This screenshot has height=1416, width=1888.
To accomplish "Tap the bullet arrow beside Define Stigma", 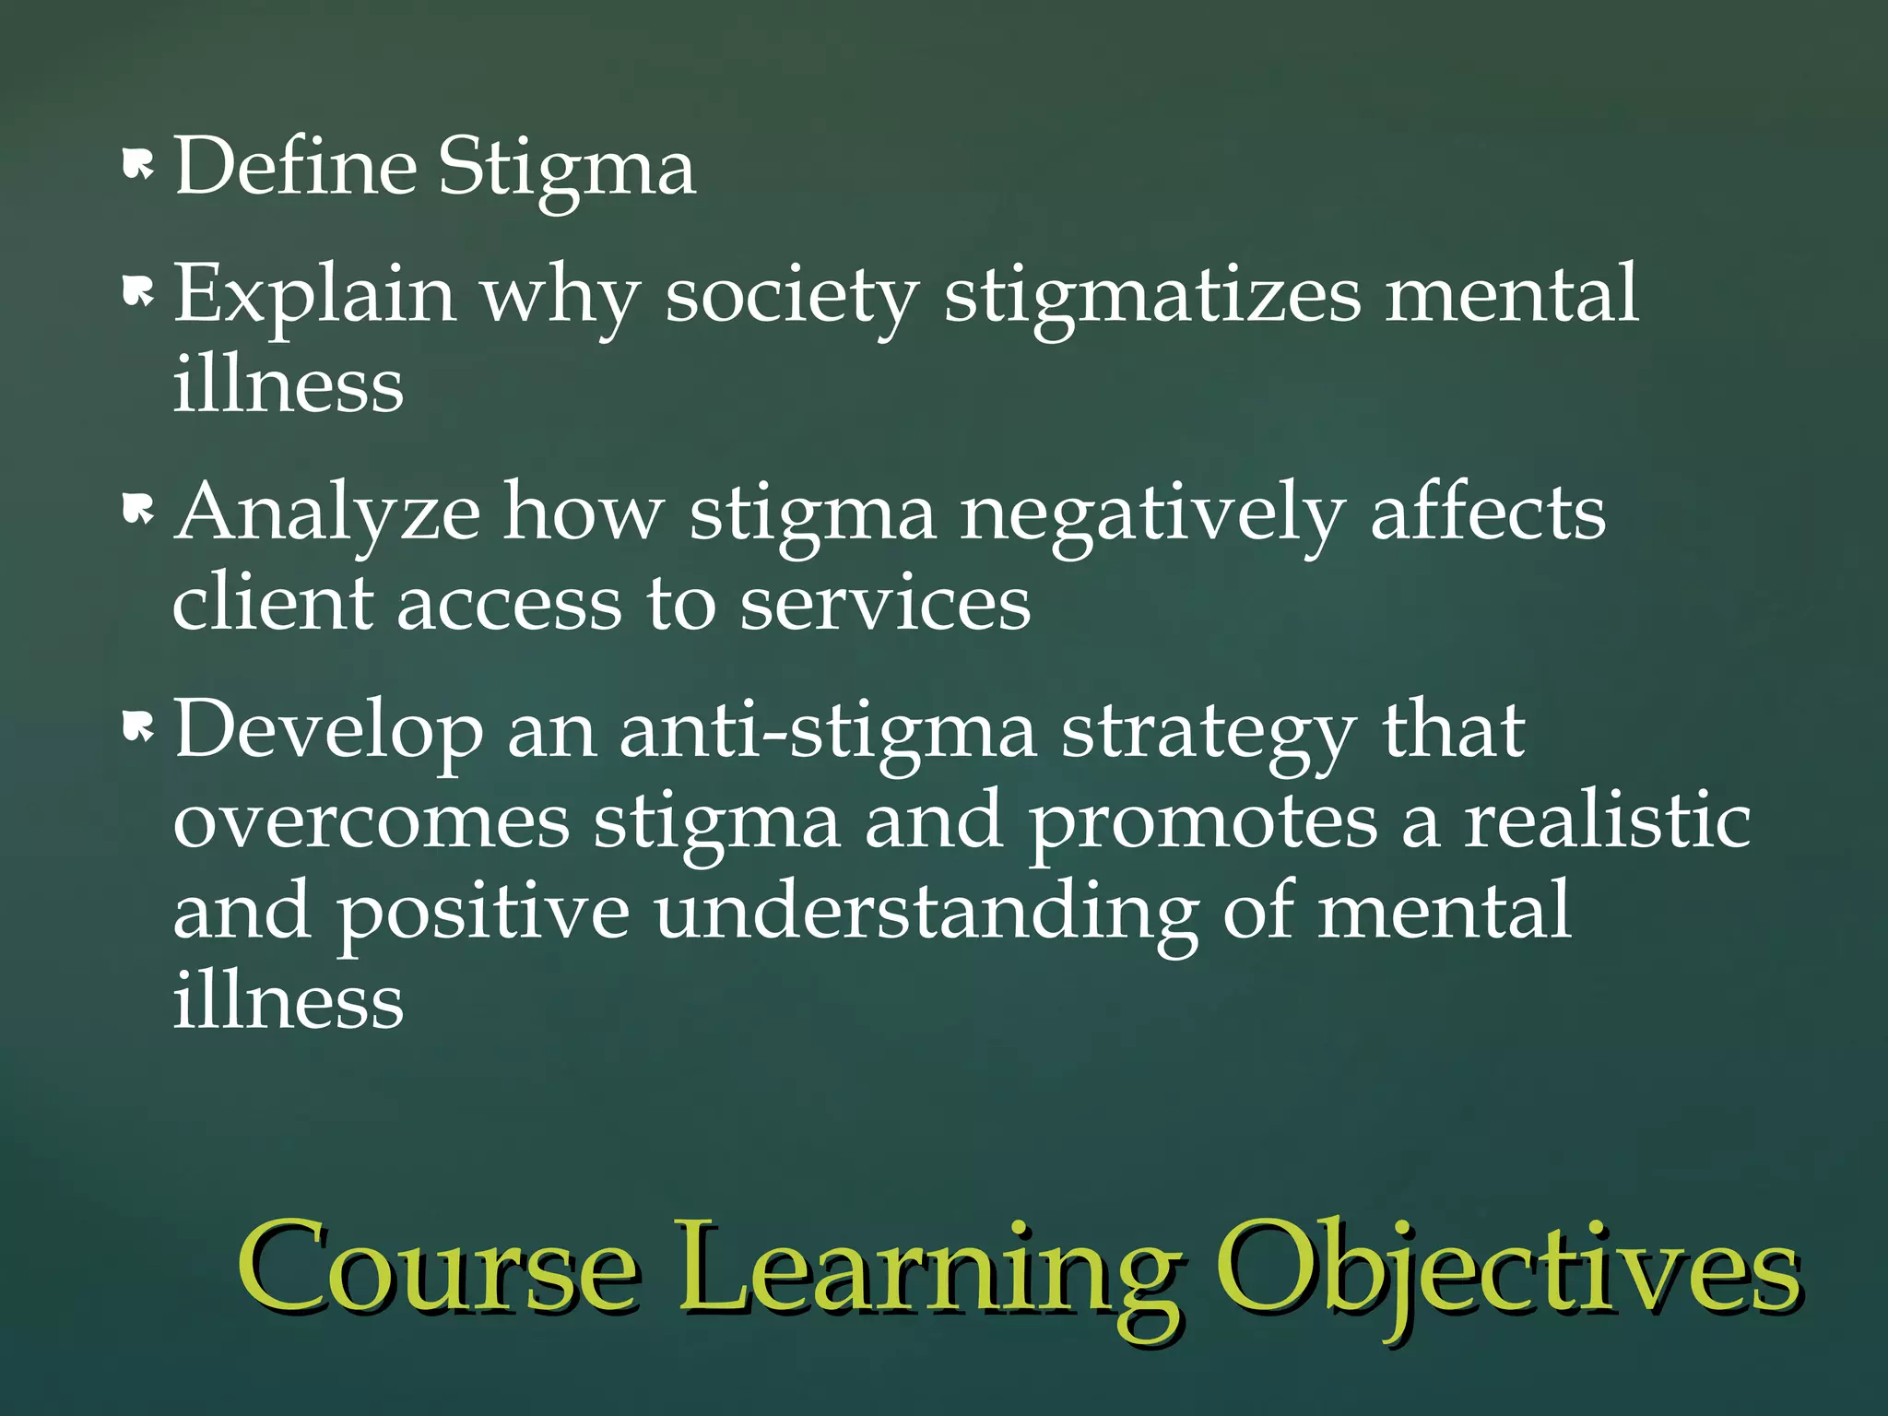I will click(x=137, y=166).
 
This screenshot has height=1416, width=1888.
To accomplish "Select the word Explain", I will click(x=314, y=295).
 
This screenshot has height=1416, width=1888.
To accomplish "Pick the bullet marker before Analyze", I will click(x=137, y=509).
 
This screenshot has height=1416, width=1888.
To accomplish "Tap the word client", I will click(x=273, y=603).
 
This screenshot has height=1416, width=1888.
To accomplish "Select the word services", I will click(x=885, y=603).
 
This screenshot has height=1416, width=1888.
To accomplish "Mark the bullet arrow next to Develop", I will click(x=137, y=728).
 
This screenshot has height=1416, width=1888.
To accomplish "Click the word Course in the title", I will click(x=439, y=1272).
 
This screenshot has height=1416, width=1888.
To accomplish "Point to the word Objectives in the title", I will click(x=1508, y=1272).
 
